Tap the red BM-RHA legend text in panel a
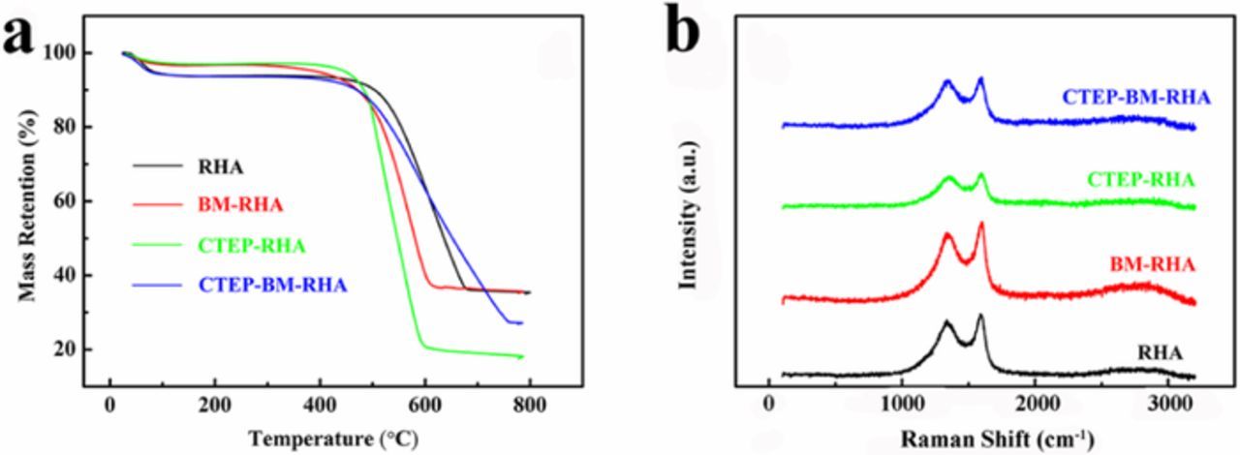(x=235, y=206)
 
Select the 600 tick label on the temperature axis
(x=423, y=404)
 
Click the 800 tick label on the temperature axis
(x=528, y=404)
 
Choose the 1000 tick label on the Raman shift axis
(x=902, y=404)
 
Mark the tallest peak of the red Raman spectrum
(x=980, y=225)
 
